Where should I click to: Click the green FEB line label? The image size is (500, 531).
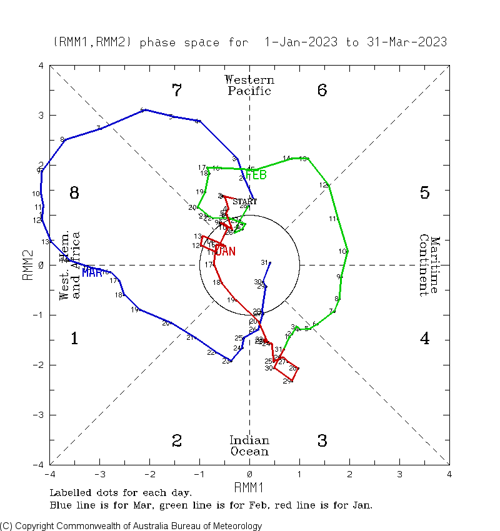(x=256, y=175)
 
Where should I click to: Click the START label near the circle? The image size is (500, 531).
(x=244, y=202)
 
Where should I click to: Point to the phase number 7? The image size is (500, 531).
(x=177, y=91)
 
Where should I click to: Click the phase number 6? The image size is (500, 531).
(x=322, y=91)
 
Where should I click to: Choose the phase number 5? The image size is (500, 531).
(x=424, y=193)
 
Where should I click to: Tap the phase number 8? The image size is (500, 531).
(x=74, y=193)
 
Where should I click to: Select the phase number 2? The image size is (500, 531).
(x=177, y=441)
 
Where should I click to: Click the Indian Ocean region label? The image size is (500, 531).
(x=249, y=446)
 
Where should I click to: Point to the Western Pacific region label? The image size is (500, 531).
(x=249, y=86)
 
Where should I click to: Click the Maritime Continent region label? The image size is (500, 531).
(x=430, y=265)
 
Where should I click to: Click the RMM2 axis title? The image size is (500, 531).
(x=28, y=265)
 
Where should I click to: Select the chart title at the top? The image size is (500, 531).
(x=250, y=42)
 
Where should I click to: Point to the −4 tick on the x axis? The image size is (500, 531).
(x=50, y=475)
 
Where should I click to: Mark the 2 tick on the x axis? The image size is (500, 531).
(x=349, y=475)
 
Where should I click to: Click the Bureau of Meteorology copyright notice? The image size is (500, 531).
(x=131, y=526)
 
